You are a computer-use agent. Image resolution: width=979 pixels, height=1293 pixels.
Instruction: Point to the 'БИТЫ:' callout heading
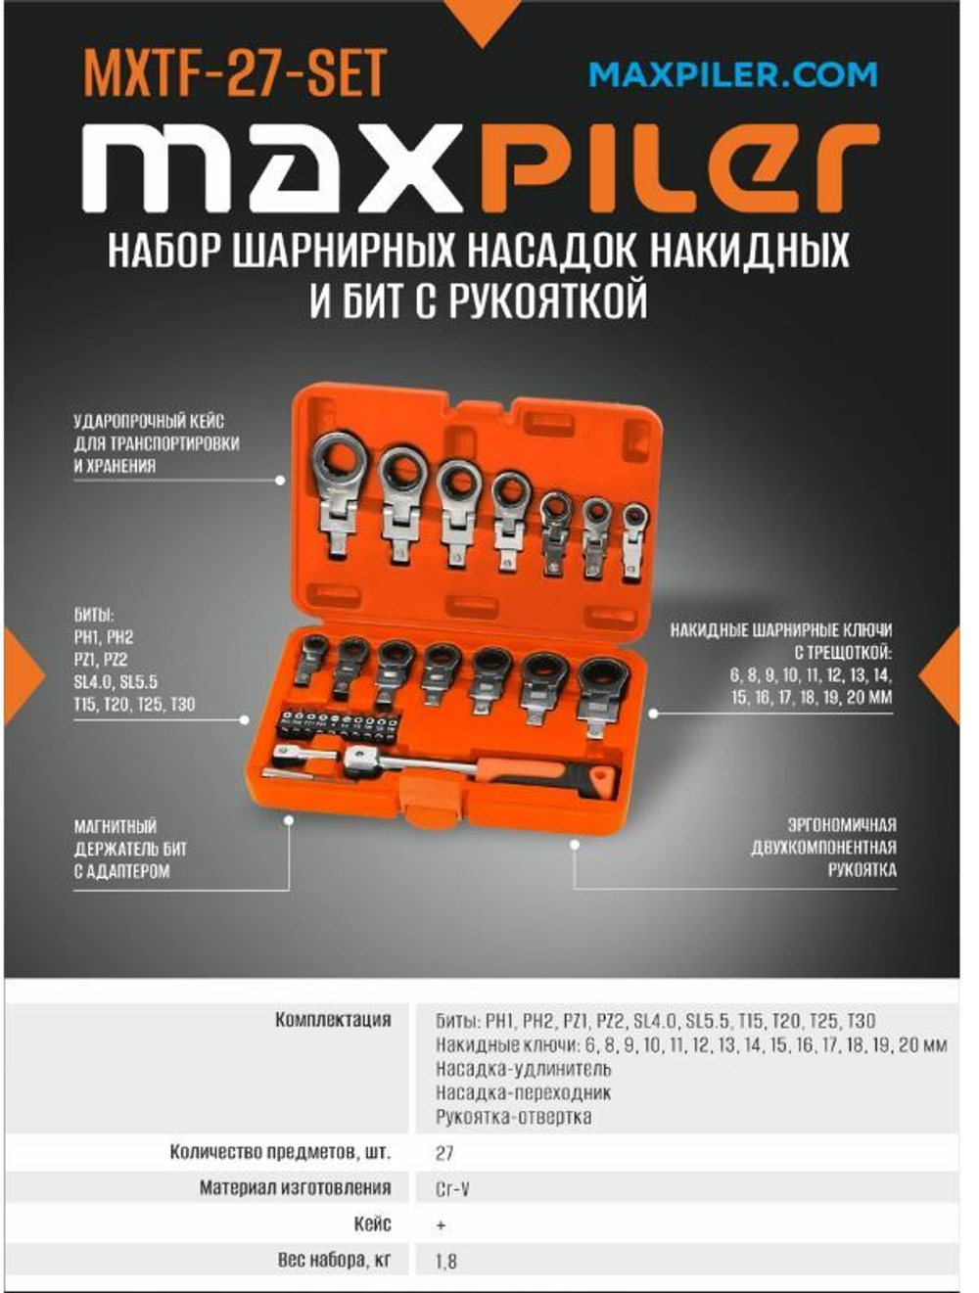click(x=94, y=616)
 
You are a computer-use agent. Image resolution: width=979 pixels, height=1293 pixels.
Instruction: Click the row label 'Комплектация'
click(x=333, y=1020)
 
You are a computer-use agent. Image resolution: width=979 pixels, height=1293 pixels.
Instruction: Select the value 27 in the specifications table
click(x=444, y=1153)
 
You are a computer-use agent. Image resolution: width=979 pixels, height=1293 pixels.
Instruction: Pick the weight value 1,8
click(x=446, y=1261)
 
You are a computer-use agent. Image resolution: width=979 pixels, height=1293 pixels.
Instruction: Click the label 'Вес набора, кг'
click(x=334, y=1260)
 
